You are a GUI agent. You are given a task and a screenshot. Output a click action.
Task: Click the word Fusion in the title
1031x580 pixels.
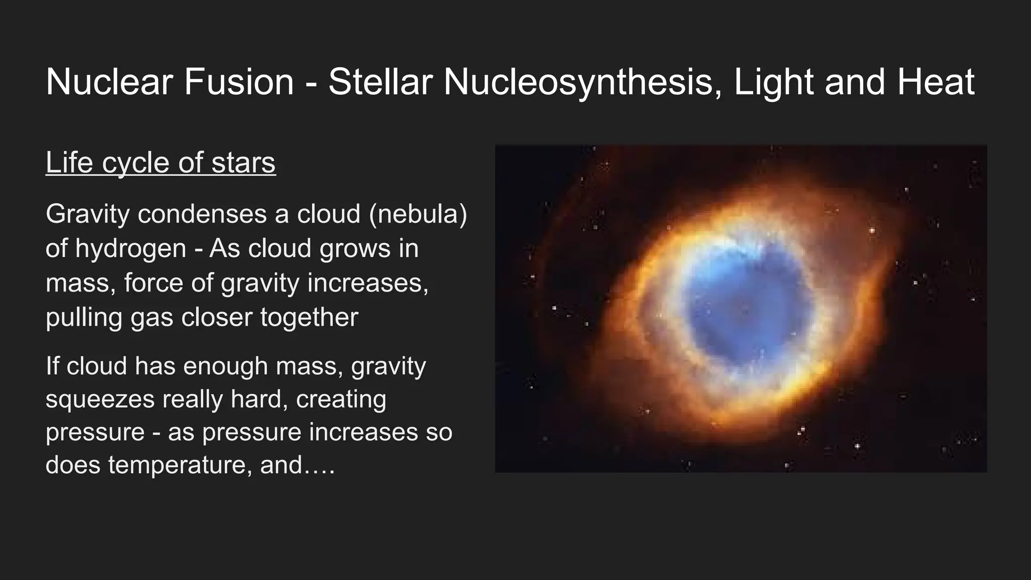tap(239, 82)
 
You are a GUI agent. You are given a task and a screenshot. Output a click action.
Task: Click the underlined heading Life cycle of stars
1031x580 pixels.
tap(161, 163)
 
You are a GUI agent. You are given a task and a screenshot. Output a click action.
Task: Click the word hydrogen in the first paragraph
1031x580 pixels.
tap(130, 249)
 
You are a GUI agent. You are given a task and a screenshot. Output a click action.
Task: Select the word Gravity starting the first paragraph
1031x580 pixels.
tap(88, 214)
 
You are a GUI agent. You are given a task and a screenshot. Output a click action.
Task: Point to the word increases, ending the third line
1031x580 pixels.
tap(367, 283)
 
